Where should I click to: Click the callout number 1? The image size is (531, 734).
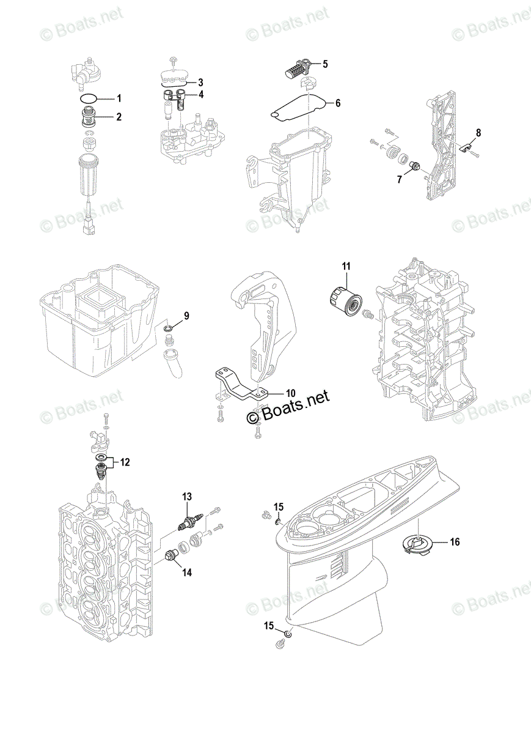pyautogui.click(x=120, y=98)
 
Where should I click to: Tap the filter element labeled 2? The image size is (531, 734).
pyautogui.click(x=90, y=116)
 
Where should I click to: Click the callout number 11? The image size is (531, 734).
pyautogui.click(x=346, y=266)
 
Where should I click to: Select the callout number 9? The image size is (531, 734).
pyautogui.click(x=186, y=316)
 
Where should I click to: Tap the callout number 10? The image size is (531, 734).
pyautogui.click(x=290, y=392)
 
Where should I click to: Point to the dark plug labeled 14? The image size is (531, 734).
pyautogui.click(x=172, y=556)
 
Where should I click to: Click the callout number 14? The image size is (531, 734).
pyautogui.click(x=186, y=573)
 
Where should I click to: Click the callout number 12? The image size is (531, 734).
pyautogui.click(x=125, y=462)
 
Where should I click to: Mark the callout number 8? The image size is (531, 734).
pyautogui.click(x=478, y=132)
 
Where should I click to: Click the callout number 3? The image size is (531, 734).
pyautogui.click(x=200, y=82)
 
